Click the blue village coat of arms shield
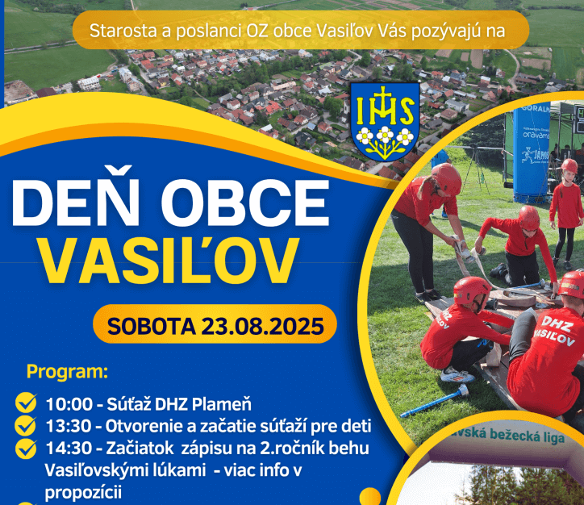coord(385,121)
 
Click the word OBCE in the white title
coord(249,202)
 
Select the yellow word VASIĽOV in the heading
coord(169,260)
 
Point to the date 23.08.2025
coord(263,326)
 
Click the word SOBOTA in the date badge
coord(151,326)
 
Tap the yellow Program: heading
coord(67,372)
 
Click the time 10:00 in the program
coord(69,404)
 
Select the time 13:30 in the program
coord(69,427)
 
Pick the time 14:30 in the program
coord(69,449)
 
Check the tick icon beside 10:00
coord(26,403)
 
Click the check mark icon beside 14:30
coord(26,449)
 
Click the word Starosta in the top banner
coord(123,31)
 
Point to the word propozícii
coord(83,493)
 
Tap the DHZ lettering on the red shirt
coord(557,325)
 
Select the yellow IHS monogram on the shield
coord(385,106)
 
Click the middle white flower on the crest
coord(385,135)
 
